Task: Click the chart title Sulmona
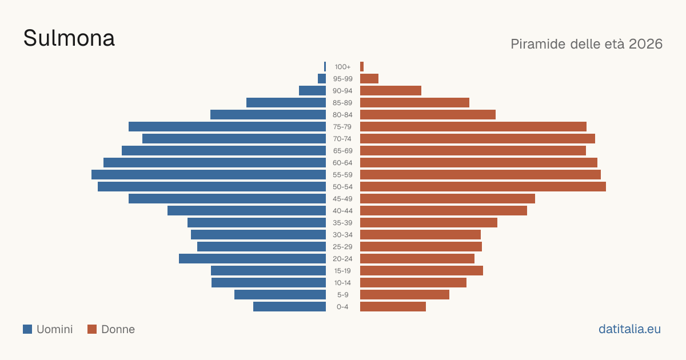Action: tap(69, 38)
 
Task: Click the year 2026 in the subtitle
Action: tap(645, 44)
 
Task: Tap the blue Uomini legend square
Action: tap(27, 329)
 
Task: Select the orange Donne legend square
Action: tap(92, 329)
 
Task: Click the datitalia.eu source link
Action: tap(629, 329)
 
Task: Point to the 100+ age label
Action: tap(342, 67)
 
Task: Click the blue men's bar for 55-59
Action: tap(209, 174)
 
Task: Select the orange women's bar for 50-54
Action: tap(483, 187)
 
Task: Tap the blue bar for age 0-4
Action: tap(289, 307)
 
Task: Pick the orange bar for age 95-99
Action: tap(369, 79)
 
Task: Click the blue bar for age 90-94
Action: tap(312, 91)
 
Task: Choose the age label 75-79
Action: tap(342, 127)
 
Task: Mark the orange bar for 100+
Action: tap(362, 67)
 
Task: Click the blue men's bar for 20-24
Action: tap(252, 259)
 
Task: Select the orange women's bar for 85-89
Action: tap(414, 102)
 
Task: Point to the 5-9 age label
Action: tap(342, 295)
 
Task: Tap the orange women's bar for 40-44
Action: tap(444, 211)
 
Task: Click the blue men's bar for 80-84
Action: tap(268, 114)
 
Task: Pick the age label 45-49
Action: tap(342, 199)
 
